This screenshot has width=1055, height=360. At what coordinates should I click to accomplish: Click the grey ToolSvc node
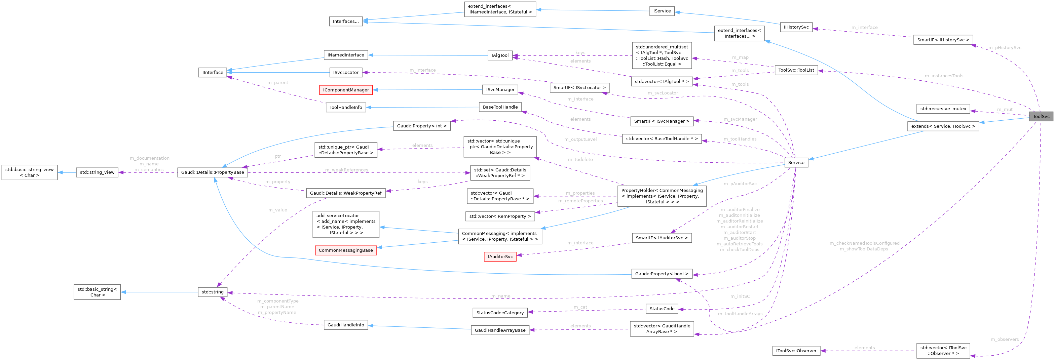tap(1041, 116)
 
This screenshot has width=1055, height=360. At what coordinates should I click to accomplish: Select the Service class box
tap(796, 163)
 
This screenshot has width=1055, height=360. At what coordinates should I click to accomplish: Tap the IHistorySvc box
tap(796, 27)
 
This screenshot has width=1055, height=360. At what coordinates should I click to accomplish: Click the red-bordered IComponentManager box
tap(346, 90)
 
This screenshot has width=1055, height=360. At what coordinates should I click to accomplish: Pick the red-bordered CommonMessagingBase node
tap(346, 250)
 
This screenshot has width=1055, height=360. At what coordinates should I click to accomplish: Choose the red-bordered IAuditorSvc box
tap(500, 257)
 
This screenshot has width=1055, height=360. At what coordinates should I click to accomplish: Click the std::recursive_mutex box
tap(943, 109)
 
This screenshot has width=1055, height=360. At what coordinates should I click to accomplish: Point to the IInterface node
tap(213, 73)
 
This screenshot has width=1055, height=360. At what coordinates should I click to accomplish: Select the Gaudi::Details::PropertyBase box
tap(213, 172)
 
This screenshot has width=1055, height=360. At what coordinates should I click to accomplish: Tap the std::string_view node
tap(97, 172)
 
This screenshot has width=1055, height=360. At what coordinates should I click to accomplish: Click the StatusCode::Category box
tap(500, 313)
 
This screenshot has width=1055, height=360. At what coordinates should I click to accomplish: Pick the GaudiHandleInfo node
tap(346, 325)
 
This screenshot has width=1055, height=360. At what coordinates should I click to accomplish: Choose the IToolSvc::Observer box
tap(796, 351)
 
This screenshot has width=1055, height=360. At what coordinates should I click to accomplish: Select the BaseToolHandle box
tap(500, 107)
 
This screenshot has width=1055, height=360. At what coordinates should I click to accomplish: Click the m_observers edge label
tap(1005, 339)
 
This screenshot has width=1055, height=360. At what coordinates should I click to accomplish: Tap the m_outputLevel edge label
tap(580, 139)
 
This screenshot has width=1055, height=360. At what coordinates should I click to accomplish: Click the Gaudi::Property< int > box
tap(421, 126)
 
